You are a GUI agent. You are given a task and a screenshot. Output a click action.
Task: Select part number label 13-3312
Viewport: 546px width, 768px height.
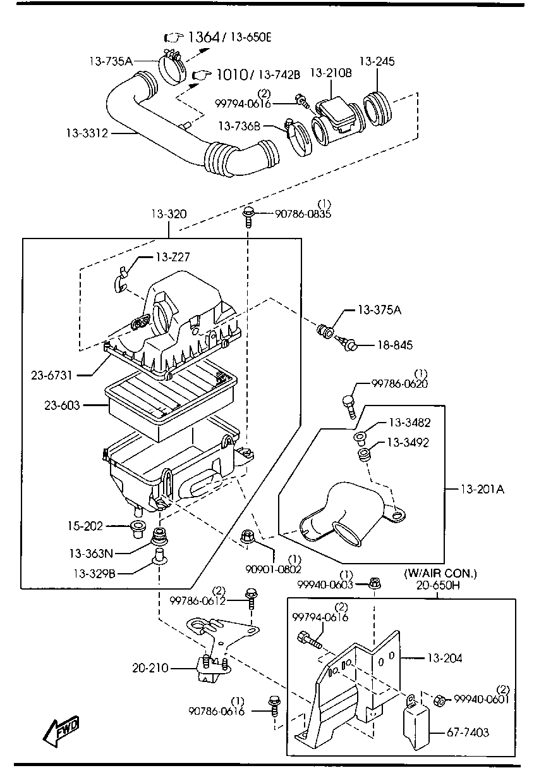pyautogui.click(x=87, y=133)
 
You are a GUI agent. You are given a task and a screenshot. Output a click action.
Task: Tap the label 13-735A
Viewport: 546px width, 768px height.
pyautogui.click(x=111, y=61)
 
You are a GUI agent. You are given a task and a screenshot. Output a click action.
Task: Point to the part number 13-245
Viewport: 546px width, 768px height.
pyautogui.click(x=377, y=61)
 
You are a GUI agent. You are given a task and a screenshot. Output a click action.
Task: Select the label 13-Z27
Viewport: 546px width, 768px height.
pyautogui.click(x=172, y=257)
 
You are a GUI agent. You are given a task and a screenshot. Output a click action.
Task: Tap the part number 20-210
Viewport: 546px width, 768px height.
pyautogui.click(x=151, y=667)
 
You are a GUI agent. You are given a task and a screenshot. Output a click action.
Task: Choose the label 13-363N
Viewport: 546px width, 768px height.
pyautogui.click(x=91, y=554)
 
